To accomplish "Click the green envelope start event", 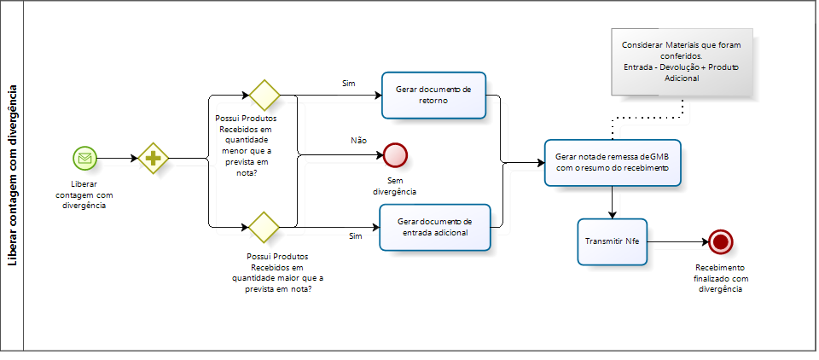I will pyautogui.click(x=84, y=158).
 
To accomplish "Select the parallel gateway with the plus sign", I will pyautogui.click(x=154, y=158).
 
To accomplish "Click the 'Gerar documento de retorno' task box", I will pyautogui.click(x=434, y=95).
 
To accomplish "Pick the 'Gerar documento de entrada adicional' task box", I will pyautogui.click(x=435, y=228).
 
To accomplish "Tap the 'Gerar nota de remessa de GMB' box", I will pyautogui.click(x=612, y=162).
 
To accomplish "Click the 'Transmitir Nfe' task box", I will pyautogui.click(x=612, y=241).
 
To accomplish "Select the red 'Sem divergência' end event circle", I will pyautogui.click(x=395, y=154).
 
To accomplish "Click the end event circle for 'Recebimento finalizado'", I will pyautogui.click(x=721, y=241).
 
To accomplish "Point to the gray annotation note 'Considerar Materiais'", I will pyautogui.click(x=682, y=61).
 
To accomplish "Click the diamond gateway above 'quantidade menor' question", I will pyautogui.click(x=264, y=94).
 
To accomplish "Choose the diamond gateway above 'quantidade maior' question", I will pyautogui.click(x=264, y=227).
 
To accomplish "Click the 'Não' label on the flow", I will pyautogui.click(x=359, y=139).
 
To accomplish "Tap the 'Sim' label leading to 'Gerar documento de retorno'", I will pyautogui.click(x=348, y=83).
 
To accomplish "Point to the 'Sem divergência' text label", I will pyautogui.click(x=394, y=186).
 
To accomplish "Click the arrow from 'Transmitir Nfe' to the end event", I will pyautogui.click(x=677, y=241).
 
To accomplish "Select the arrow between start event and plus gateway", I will pyautogui.click(x=118, y=158).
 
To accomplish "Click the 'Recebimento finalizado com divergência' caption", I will pyautogui.click(x=721, y=278).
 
